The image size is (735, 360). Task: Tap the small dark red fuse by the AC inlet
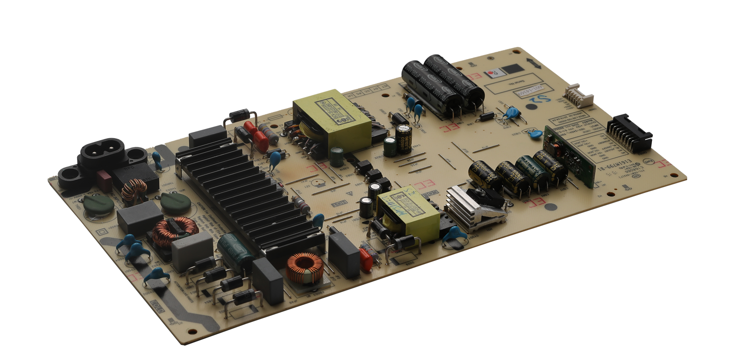[104, 180]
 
